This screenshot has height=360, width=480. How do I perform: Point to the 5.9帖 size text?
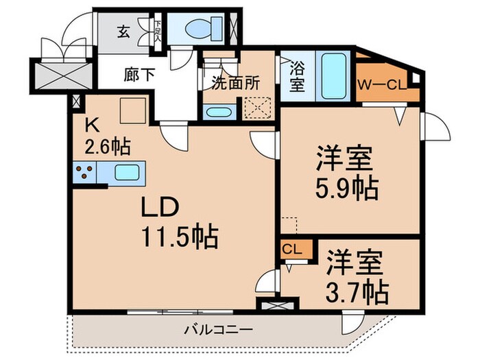click(346, 188)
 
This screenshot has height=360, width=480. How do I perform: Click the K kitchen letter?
click(91, 125)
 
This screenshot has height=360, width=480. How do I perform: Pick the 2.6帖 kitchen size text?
click(108, 146)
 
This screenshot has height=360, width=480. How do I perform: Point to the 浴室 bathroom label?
click(296, 76)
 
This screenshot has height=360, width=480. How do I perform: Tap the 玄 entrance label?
click(124, 32)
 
